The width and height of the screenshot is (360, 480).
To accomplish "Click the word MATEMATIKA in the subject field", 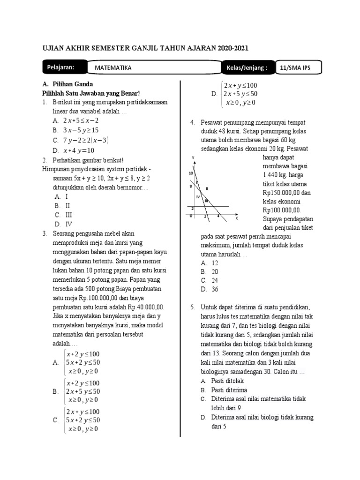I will click(113, 68).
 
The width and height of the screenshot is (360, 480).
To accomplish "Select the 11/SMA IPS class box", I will click(295, 68).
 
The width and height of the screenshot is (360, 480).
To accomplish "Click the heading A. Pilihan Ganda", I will click(67, 84).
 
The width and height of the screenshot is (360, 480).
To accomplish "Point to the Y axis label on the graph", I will click(193, 157).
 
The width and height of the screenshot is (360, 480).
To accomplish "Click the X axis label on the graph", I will click(236, 218).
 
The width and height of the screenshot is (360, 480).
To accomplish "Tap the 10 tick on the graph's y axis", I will click(190, 173).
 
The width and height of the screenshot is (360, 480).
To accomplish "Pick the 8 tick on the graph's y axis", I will click(191, 187).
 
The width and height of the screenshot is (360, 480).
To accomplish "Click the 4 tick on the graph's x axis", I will click(218, 216).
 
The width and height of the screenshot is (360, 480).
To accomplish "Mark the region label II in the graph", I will click(207, 188).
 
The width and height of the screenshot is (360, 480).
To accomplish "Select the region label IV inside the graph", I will click(198, 197).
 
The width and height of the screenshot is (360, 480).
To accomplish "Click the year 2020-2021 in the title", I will click(227, 48).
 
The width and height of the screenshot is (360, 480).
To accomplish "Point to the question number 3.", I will click(44, 233).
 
